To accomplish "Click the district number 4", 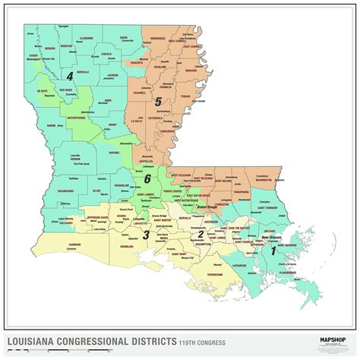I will pos(69,76).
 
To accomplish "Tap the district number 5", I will pos(157,101).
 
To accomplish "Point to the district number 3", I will pos(146,235).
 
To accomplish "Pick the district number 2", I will pos(200,233).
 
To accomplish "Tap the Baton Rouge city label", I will pos(207,207).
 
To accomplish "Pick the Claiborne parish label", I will pos(86,37).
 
